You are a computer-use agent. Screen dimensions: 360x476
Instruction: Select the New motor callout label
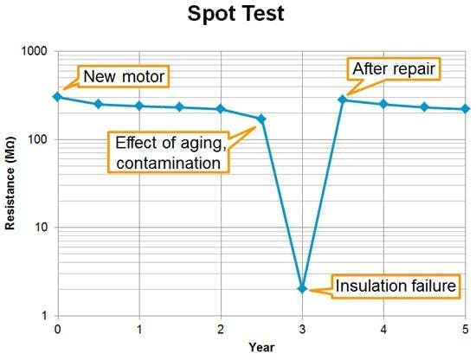123,76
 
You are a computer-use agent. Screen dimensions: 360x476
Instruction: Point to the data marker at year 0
58,97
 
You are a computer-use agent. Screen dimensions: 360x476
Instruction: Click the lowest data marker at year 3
302,288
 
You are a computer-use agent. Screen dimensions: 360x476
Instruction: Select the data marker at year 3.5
343,100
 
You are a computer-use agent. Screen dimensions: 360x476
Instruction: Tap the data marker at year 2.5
261,119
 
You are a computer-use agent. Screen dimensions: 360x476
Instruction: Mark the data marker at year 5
465,109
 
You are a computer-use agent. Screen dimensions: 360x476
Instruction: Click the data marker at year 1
139,106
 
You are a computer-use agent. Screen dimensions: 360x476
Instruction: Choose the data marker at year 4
383,104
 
